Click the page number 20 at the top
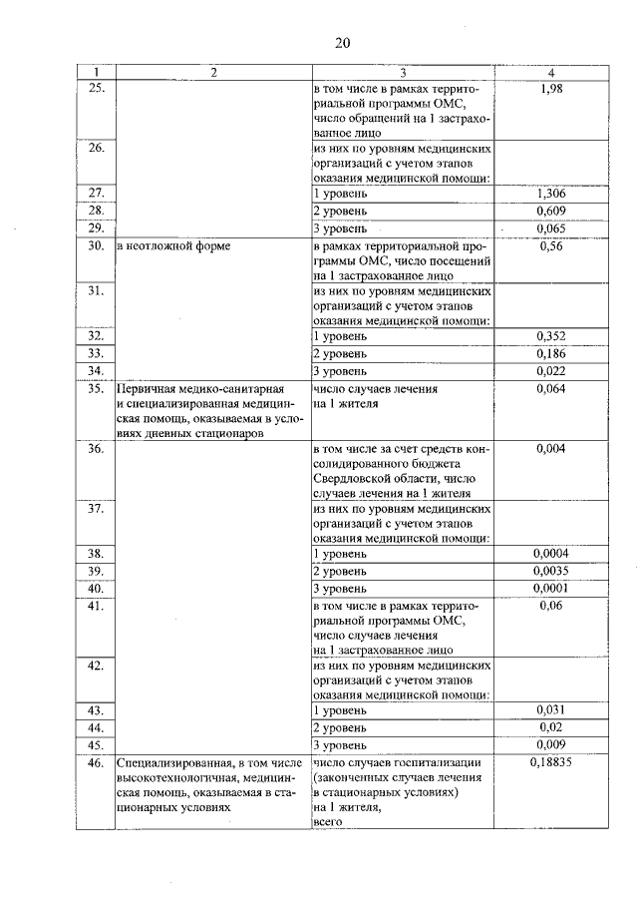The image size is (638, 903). pos(342,42)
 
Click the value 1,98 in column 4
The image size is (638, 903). pos(551,90)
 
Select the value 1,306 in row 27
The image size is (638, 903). pos(551,193)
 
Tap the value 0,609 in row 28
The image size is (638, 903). pos(551,211)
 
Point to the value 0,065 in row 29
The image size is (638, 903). pos(551,228)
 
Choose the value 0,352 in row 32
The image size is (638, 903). pos(551,336)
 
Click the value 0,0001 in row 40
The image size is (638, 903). pos(551,588)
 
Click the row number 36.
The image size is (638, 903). pos(96,450)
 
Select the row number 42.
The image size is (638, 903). pos(96,666)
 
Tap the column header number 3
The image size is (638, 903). pos(402,72)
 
